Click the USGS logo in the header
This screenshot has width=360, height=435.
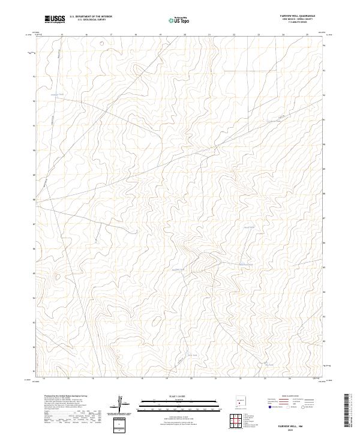tap(55, 19)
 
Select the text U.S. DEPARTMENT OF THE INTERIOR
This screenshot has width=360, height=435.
tap(91, 17)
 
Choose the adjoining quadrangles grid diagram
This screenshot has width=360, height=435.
tap(239, 421)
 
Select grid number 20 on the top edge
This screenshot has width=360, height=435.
tap(185, 35)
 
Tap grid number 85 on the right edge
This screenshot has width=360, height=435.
tap(325, 267)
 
